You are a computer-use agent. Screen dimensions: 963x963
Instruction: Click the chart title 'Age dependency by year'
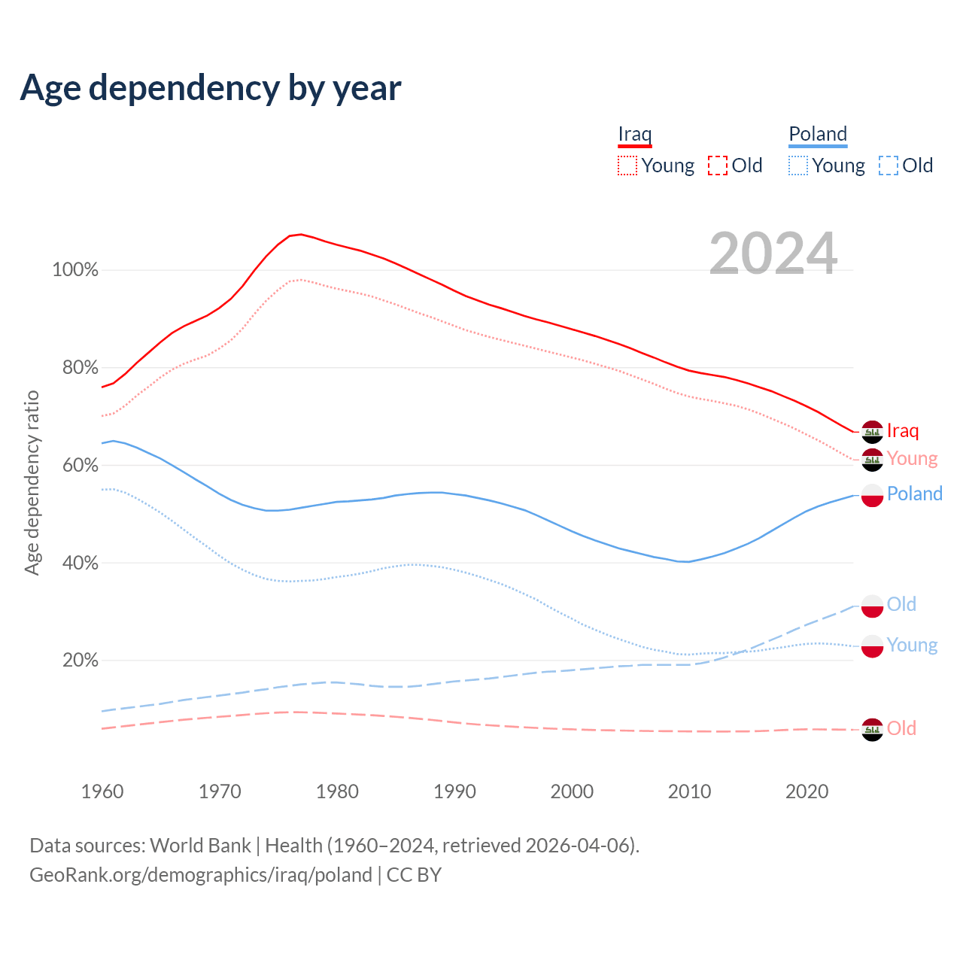click(211, 88)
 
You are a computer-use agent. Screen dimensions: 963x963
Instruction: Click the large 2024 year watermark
click(773, 254)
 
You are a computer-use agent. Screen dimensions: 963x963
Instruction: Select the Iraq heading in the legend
click(634, 134)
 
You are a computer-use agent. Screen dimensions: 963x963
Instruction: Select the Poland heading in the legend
click(818, 134)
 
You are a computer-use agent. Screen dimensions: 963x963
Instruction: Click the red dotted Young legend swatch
click(627, 166)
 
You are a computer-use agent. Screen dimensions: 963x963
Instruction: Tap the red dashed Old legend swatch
click(718, 166)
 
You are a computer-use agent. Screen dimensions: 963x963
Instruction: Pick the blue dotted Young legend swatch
click(797, 166)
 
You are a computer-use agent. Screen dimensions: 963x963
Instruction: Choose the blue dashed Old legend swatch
click(889, 166)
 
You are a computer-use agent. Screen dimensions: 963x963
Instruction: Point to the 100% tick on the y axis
click(75, 270)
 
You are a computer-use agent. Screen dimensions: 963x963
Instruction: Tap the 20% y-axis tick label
click(80, 661)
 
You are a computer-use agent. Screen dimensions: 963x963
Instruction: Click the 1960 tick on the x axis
click(102, 791)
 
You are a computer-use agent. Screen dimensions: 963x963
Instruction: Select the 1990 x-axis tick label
click(454, 791)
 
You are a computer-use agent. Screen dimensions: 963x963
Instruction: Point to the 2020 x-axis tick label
click(807, 791)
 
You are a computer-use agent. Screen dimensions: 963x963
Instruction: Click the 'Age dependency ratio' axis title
click(32, 482)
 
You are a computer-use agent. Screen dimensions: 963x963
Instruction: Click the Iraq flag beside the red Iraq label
click(872, 432)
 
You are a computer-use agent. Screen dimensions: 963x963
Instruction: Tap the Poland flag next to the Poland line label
click(872, 495)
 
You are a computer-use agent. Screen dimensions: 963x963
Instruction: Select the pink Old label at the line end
click(901, 728)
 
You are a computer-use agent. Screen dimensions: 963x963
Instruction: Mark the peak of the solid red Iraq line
click(300, 234)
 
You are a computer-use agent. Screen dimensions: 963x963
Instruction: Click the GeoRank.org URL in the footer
click(201, 875)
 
